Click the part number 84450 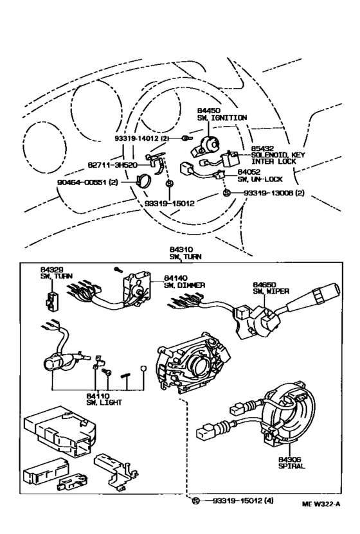(209, 111)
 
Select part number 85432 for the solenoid (262, 148)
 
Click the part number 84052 (248, 172)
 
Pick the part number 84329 (51, 270)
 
